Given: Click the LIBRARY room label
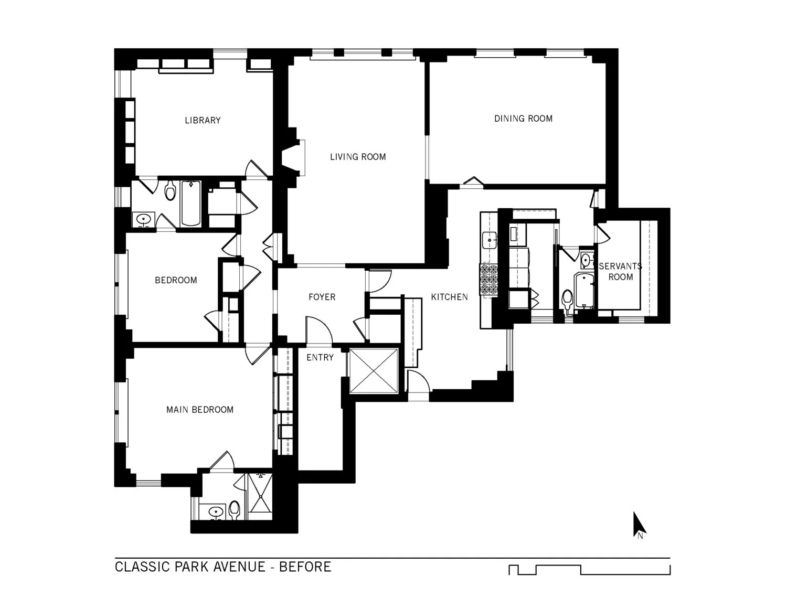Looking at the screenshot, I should [x=203, y=120].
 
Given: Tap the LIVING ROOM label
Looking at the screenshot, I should [x=358, y=156].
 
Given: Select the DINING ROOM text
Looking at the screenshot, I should [x=523, y=119].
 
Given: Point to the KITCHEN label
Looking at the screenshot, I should [x=449, y=297].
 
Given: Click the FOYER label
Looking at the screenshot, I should [x=322, y=297].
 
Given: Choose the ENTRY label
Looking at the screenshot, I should [x=320, y=357].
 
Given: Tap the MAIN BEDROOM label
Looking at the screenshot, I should [x=200, y=410].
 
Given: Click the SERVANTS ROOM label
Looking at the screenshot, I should [x=620, y=272].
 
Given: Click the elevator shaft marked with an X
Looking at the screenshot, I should [x=374, y=370].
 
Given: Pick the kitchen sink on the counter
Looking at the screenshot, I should [x=490, y=240].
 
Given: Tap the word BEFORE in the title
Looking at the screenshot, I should [x=305, y=567].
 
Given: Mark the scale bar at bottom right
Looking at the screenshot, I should [x=589, y=570].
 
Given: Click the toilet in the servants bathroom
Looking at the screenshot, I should [x=567, y=300].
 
